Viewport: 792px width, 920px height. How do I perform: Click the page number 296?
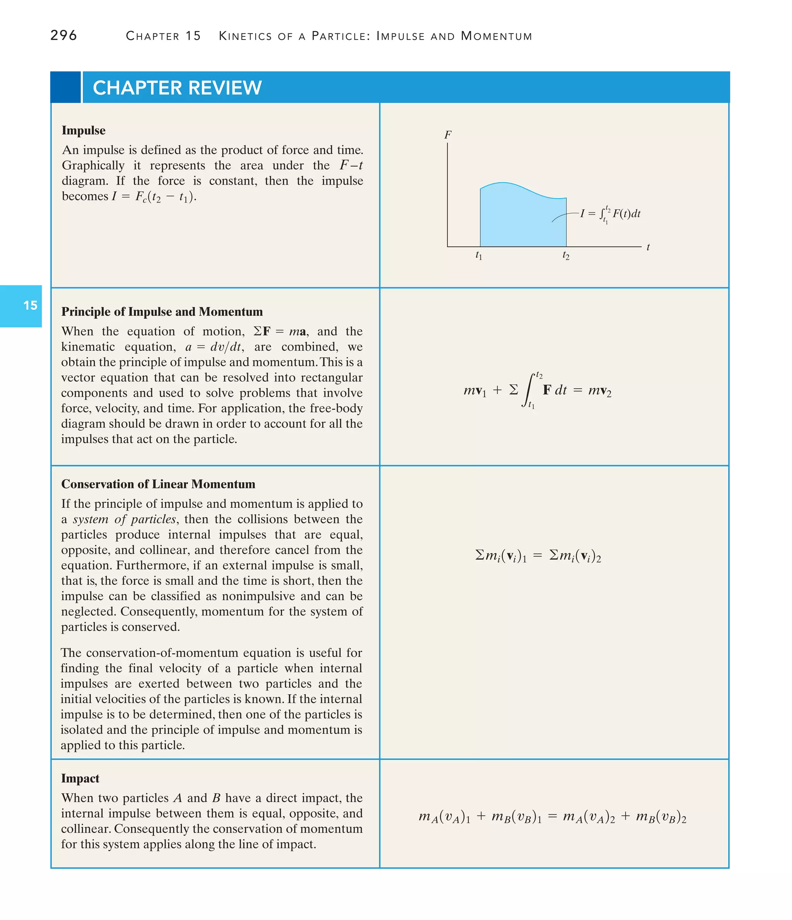click(x=63, y=35)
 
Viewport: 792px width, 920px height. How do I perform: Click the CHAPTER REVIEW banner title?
click(x=177, y=88)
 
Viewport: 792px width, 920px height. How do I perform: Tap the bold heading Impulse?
click(x=84, y=130)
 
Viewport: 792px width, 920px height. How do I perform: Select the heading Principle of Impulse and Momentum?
click(x=162, y=312)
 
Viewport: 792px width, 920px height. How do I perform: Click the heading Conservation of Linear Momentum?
click(x=158, y=484)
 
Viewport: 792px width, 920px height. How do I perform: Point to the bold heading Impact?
click(x=80, y=778)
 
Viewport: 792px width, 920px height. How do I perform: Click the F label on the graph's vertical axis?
click(x=448, y=135)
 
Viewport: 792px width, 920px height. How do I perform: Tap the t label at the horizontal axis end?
click(x=648, y=247)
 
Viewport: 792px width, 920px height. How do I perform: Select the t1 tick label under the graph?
click(x=479, y=256)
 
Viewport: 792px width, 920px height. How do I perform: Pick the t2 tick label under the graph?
click(x=566, y=256)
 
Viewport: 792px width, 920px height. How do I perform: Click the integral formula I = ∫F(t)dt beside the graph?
click(x=611, y=214)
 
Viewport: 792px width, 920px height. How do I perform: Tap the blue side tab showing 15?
click(x=30, y=305)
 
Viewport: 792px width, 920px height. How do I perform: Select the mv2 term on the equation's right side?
click(x=599, y=391)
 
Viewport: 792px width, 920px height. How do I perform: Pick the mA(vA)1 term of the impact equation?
click(x=444, y=817)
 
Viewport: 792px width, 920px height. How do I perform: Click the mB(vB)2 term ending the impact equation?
click(x=661, y=817)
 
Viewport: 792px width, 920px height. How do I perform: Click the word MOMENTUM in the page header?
click(x=496, y=36)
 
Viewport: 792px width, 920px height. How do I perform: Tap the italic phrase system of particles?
click(x=125, y=519)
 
